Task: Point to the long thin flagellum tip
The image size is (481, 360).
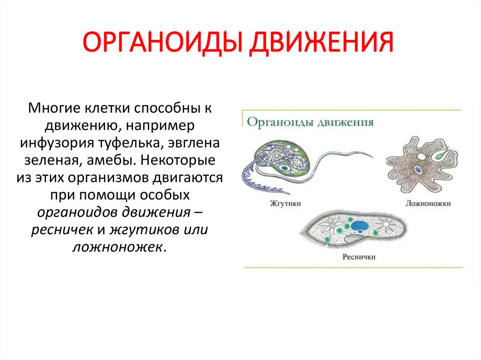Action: click(371, 154)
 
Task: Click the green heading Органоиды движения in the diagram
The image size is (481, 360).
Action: click(310, 123)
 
